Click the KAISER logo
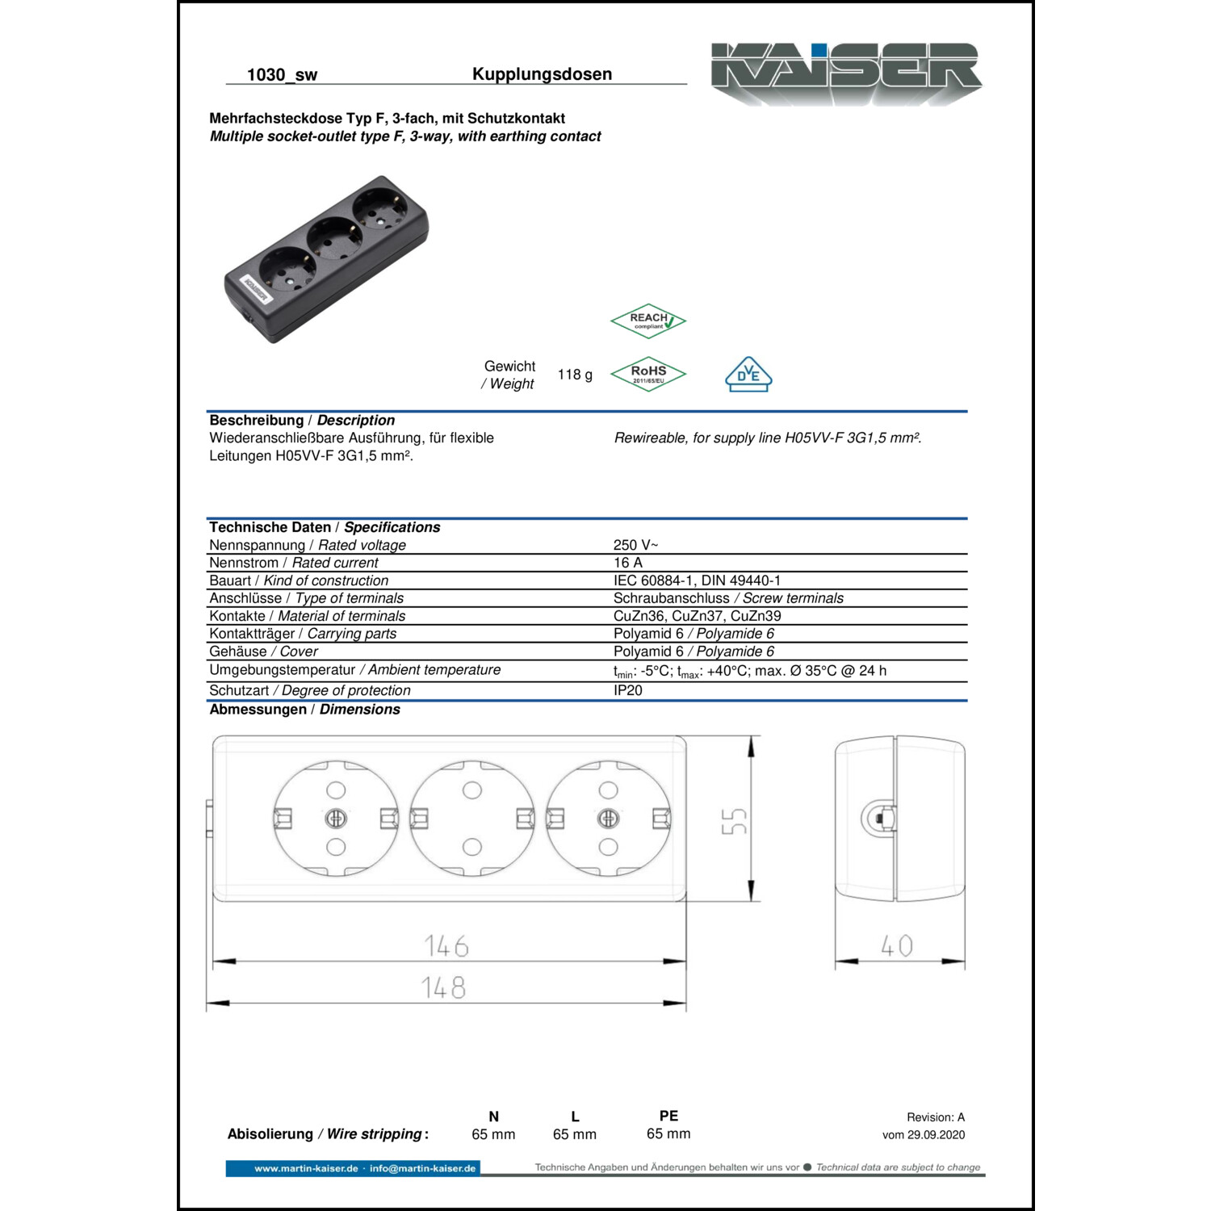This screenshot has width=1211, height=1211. pyautogui.click(x=846, y=73)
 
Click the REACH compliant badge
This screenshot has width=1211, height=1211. pyautogui.click(x=648, y=321)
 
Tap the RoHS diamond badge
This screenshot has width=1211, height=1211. pyautogui.click(x=648, y=375)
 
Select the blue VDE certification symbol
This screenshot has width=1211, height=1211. pyautogui.click(x=748, y=375)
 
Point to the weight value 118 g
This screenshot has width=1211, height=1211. pyautogui.click(x=575, y=375)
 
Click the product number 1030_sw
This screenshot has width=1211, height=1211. pyautogui.click(x=282, y=75)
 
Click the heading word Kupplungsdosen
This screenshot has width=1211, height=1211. pyautogui.click(x=542, y=74)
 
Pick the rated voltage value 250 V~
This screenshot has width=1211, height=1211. pyautogui.click(x=635, y=545)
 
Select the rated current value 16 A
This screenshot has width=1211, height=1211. pyautogui.click(x=628, y=563)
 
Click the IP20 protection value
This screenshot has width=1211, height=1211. pyautogui.click(x=628, y=690)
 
